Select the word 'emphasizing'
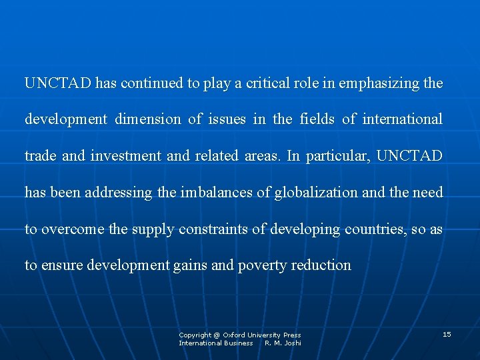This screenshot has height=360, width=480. coord(379,83)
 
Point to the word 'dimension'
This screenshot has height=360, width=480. coord(148,119)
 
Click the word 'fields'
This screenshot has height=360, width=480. coord(317,119)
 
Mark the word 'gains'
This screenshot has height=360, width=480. coord(190,265)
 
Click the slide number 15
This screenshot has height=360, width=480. coord(447,334)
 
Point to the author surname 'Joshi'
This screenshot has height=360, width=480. coord(292,343)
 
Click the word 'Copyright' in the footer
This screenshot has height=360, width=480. coord(195,335)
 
